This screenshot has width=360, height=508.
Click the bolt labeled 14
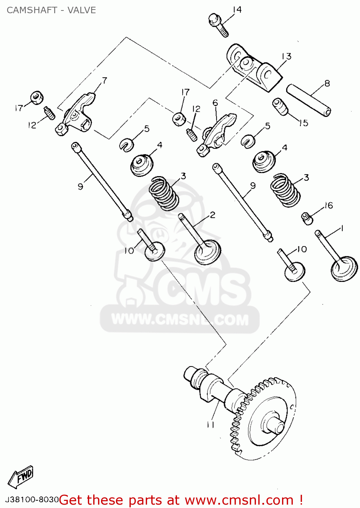(218, 24)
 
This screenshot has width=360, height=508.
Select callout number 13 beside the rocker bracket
(286, 56)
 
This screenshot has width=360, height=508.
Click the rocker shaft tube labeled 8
(308, 100)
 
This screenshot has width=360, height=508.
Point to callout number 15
(303, 123)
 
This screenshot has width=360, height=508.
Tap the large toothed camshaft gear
(268, 420)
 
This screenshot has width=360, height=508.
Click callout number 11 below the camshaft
(211, 425)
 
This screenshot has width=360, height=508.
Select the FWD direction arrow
(21, 477)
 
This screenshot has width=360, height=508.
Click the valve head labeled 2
(207, 252)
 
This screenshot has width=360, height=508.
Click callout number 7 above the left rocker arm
(104, 81)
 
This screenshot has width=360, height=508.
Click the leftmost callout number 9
(80, 186)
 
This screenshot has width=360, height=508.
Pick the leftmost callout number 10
(129, 251)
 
